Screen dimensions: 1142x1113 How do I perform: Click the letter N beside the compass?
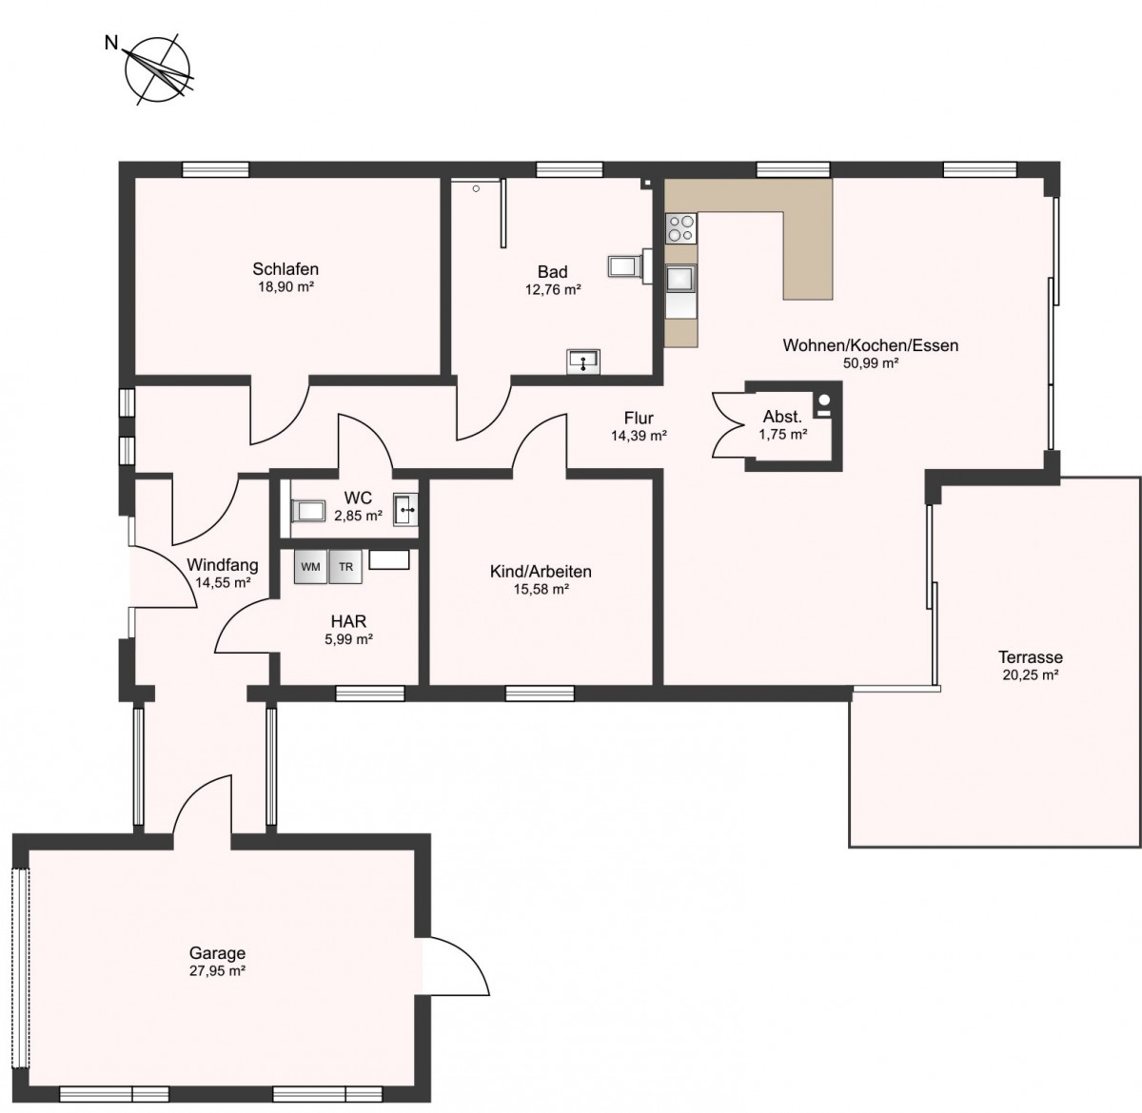pyautogui.click(x=110, y=43)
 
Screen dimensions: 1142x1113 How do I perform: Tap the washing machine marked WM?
pyautogui.click(x=310, y=567)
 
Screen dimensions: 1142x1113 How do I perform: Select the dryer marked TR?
pyautogui.click(x=345, y=567)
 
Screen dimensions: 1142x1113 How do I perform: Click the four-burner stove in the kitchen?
pyautogui.click(x=680, y=229)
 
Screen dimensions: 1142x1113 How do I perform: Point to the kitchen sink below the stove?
pyautogui.click(x=680, y=278)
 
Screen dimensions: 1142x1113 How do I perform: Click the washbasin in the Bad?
pyautogui.click(x=583, y=361)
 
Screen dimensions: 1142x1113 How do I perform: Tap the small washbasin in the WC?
pyautogui.click(x=405, y=509)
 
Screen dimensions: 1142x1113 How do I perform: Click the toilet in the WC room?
pyautogui.click(x=307, y=511)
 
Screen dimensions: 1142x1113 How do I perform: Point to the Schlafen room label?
pyautogui.click(x=285, y=269)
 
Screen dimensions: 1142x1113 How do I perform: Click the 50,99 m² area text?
pyautogui.click(x=871, y=363)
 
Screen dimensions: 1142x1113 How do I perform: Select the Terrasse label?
pyautogui.click(x=1031, y=657)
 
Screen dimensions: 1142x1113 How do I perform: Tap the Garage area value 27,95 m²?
pyautogui.click(x=217, y=971)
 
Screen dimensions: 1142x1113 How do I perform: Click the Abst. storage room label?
pyautogui.click(x=782, y=418)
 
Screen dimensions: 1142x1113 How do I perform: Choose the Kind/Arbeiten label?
pyautogui.click(x=541, y=571)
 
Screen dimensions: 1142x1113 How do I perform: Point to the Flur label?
pyautogui.click(x=639, y=419)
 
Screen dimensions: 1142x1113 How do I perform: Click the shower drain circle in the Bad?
pyautogui.click(x=476, y=189)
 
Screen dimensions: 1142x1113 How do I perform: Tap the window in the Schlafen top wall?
pyautogui.click(x=215, y=169)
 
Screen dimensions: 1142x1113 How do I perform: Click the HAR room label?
pyautogui.click(x=348, y=621)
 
